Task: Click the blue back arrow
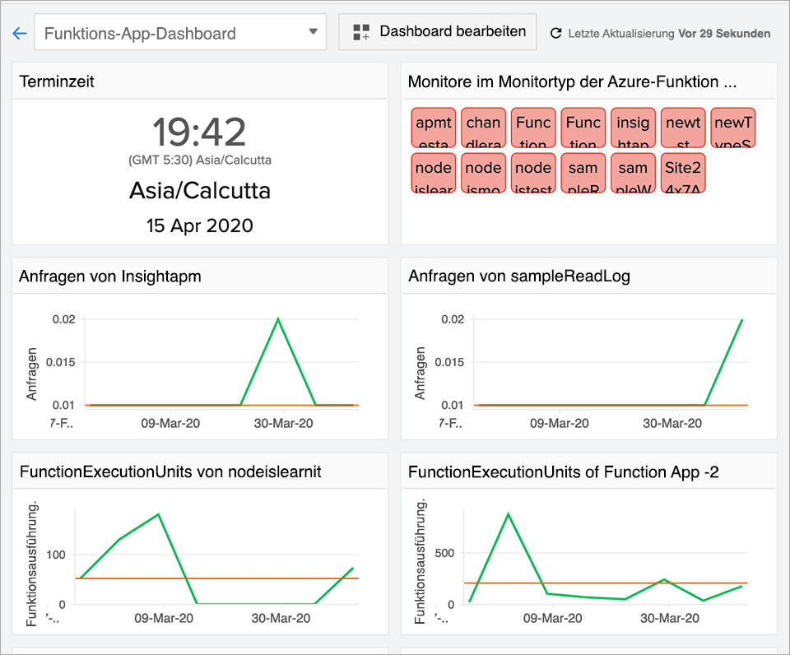(20, 34)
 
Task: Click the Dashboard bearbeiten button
(438, 32)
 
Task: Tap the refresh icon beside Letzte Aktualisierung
(556, 34)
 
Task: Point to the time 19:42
(199, 132)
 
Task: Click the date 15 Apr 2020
(199, 225)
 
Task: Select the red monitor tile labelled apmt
(434, 129)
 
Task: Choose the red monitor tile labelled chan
(483, 129)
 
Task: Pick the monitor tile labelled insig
(633, 129)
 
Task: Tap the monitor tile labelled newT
(732, 129)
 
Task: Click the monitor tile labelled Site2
(683, 174)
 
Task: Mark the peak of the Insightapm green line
(278, 318)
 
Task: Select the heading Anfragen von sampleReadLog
(519, 276)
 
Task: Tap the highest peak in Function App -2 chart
(508, 513)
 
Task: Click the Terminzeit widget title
(57, 81)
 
